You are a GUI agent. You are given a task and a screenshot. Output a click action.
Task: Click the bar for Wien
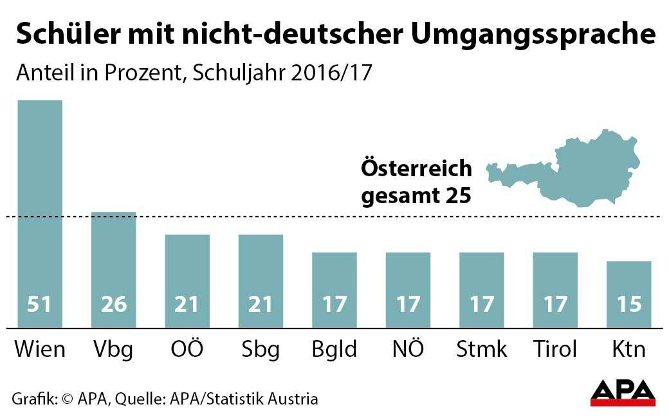(x=40, y=212)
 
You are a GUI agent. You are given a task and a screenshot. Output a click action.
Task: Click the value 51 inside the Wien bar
(x=40, y=304)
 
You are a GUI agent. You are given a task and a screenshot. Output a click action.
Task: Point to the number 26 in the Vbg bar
(x=114, y=304)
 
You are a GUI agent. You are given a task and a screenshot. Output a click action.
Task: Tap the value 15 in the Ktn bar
(x=629, y=304)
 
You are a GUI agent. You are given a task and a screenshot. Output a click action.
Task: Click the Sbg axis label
(x=261, y=350)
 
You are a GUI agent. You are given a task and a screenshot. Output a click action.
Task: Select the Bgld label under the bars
(x=334, y=350)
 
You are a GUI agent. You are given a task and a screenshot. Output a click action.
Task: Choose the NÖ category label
(x=408, y=349)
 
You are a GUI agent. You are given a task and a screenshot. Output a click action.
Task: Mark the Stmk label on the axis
(x=481, y=350)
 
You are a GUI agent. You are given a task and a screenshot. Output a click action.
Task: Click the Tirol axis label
(x=555, y=349)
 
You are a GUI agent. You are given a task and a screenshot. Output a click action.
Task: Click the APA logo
(x=623, y=392)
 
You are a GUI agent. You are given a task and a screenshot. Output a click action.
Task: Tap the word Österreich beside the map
(x=416, y=169)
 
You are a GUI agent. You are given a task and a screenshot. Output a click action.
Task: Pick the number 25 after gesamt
(x=459, y=194)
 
